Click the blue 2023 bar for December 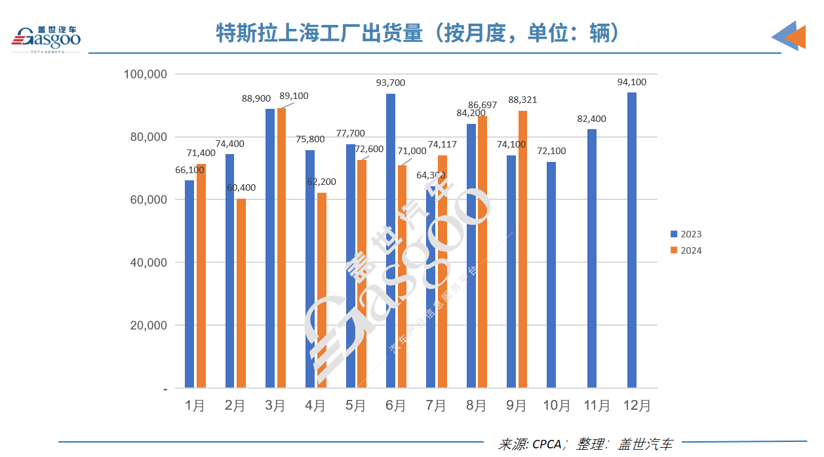[632, 240]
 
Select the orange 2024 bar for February [241, 293]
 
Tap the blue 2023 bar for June [391, 241]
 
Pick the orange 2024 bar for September [522, 249]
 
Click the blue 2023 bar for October [551, 275]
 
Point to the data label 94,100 [631, 82]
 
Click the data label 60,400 [241, 188]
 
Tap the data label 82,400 [591, 119]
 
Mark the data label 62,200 [321, 182]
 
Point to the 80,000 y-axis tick [146, 137]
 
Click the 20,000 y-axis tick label [146, 325]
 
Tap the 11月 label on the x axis [597, 406]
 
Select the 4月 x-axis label [315, 406]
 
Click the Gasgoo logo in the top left [46, 38]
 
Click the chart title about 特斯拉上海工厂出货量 [418, 33]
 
